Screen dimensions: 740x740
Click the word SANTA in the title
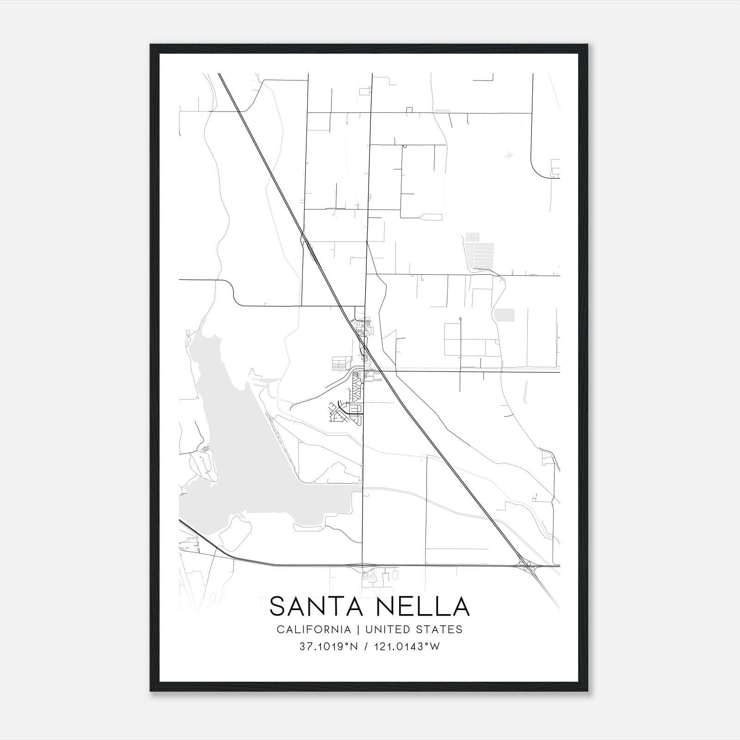(x=306, y=606)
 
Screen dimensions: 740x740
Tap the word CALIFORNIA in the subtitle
(x=314, y=629)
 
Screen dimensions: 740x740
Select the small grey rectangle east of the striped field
(x=504, y=315)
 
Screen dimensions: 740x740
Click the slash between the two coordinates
(x=366, y=647)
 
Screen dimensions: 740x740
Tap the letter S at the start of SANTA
(x=277, y=606)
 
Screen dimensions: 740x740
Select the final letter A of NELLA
(x=461, y=606)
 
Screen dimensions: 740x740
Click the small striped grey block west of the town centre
(x=339, y=363)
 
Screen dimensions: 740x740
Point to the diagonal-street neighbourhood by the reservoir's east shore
(x=340, y=412)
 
